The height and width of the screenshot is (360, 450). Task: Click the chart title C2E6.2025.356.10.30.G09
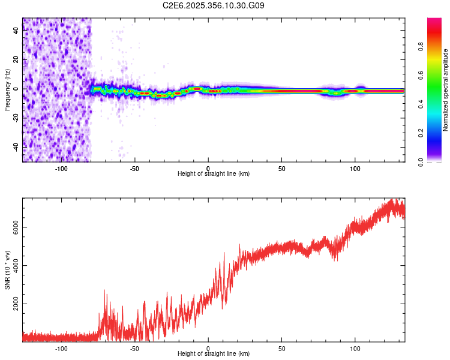coord(214,5)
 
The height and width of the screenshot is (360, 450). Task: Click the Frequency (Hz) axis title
coord(7,90)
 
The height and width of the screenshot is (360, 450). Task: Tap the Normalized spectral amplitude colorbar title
coord(446,90)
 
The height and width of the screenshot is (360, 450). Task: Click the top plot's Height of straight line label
coord(214,174)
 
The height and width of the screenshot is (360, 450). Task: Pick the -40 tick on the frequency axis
coord(15,147)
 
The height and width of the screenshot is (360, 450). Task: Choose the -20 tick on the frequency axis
coord(15,118)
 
